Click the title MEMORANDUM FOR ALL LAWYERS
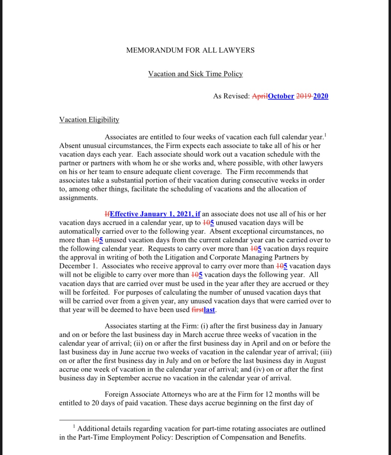(x=190, y=50)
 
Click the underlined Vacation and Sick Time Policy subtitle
(x=195, y=74)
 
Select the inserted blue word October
(x=281, y=96)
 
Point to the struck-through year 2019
(x=304, y=96)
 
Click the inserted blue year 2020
(x=321, y=96)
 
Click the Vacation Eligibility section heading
(x=89, y=120)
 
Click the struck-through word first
(x=197, y=310)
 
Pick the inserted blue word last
(x=209, y=310)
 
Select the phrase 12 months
(x=279, y=394)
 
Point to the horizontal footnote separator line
(x=105, y=420)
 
